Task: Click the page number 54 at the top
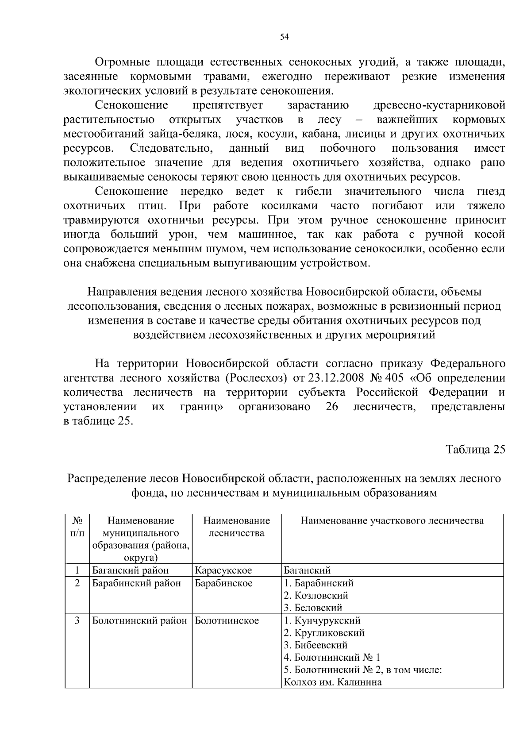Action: point(285,37)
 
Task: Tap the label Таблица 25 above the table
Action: point(475,450)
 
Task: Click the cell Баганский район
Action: point(131,570)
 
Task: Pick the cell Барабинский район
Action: point(136,583)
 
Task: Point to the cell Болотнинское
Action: point(227,620)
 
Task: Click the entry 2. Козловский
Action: point(316,596)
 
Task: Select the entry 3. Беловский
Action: point(313,608)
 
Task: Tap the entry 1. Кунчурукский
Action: point(322,620)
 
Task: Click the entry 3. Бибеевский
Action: point(316,645)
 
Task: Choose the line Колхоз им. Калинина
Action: point(333,682)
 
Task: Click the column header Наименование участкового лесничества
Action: point(392,521)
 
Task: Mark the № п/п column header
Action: point(77,527)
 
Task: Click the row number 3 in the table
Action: point(77,620)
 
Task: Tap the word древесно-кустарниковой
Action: point(439,105)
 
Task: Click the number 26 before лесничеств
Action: point(332,407)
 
